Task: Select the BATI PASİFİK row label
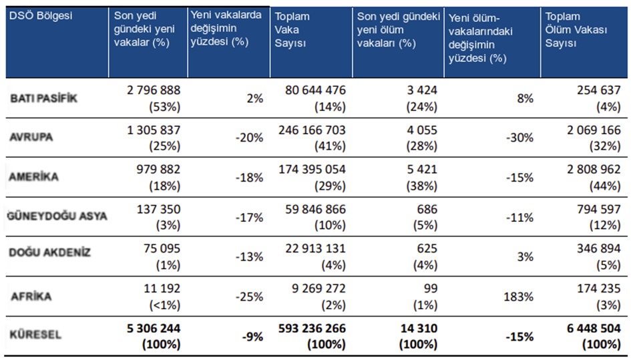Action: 43,98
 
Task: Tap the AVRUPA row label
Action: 31,138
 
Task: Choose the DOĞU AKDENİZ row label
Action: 50,252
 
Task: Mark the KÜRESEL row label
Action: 37,335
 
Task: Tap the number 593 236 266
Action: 312,328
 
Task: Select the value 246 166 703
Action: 312,130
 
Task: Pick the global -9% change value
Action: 253,336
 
